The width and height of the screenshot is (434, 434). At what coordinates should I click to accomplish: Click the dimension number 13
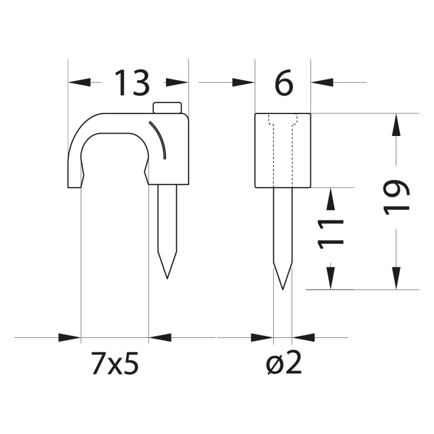click(131, 83)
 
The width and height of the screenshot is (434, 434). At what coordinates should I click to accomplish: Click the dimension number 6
click(284, 84)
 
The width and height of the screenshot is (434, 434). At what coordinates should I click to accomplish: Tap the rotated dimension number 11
click(332, 232)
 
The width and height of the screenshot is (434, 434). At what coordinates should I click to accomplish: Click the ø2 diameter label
click(283, 364)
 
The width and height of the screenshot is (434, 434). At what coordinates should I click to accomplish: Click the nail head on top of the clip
click(167, 108)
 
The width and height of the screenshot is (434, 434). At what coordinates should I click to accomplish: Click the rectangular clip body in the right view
click(283, 151)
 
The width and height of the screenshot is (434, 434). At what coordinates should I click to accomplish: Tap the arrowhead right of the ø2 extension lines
click(302, 336)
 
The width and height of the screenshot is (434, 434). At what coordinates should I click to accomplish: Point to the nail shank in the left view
click(167, 220)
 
